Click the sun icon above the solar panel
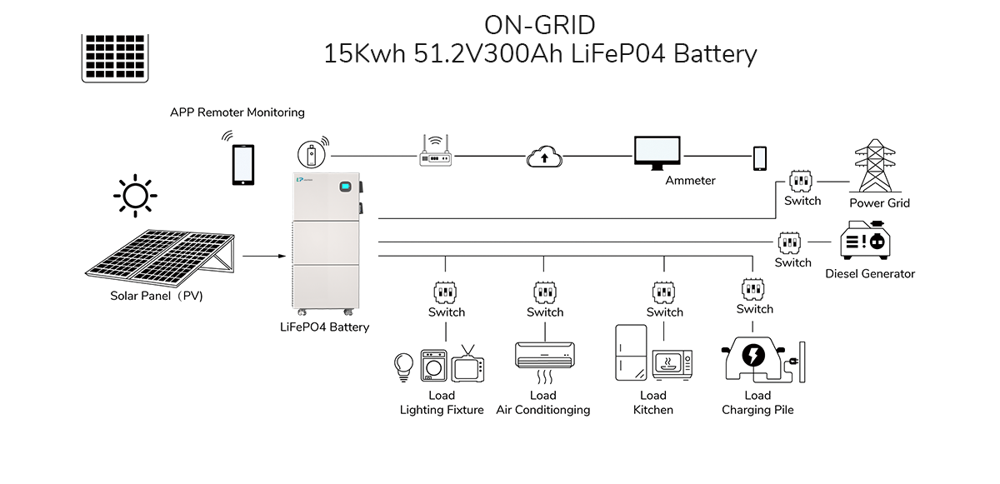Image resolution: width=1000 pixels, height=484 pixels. click(x=136, y=196)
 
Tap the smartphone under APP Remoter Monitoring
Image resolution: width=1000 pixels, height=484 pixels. click(x=242, y=165)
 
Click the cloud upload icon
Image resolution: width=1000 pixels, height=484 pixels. click(x=543, y=156)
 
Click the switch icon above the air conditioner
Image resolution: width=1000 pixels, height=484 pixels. click(x=544, y=292)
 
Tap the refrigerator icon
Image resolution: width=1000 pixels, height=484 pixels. click(x=630, y=353)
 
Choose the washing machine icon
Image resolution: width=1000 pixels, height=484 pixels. click(x=434, y=365)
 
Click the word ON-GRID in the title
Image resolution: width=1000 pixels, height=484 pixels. click(x=539, y=22)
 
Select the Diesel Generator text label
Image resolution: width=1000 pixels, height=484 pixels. click(x=870, y=274)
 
